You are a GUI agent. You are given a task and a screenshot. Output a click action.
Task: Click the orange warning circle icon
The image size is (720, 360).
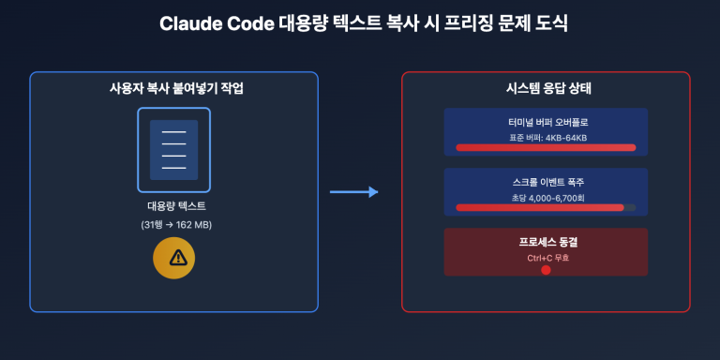coord(174,258)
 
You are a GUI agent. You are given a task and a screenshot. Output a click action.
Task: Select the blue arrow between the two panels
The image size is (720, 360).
coord(353,192)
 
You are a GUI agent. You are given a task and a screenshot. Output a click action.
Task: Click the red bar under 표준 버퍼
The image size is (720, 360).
coord(546,147)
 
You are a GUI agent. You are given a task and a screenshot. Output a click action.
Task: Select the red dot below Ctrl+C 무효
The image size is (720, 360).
coord(546,270)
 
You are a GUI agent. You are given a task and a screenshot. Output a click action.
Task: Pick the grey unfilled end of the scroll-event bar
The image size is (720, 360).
coord(630,207)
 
